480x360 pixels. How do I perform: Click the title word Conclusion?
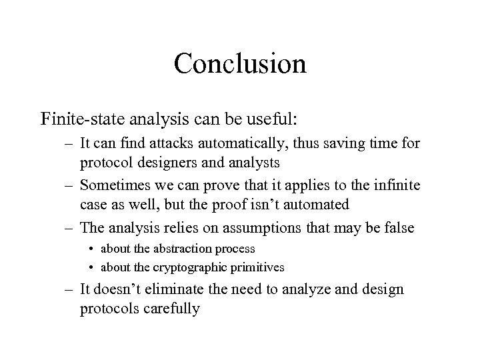pyautogui.click(x=240, y=64)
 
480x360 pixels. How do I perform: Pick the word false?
pyautogui.click(x=399, y=229)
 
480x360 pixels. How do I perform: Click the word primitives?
pyautogui.click(x=256, y=267)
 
